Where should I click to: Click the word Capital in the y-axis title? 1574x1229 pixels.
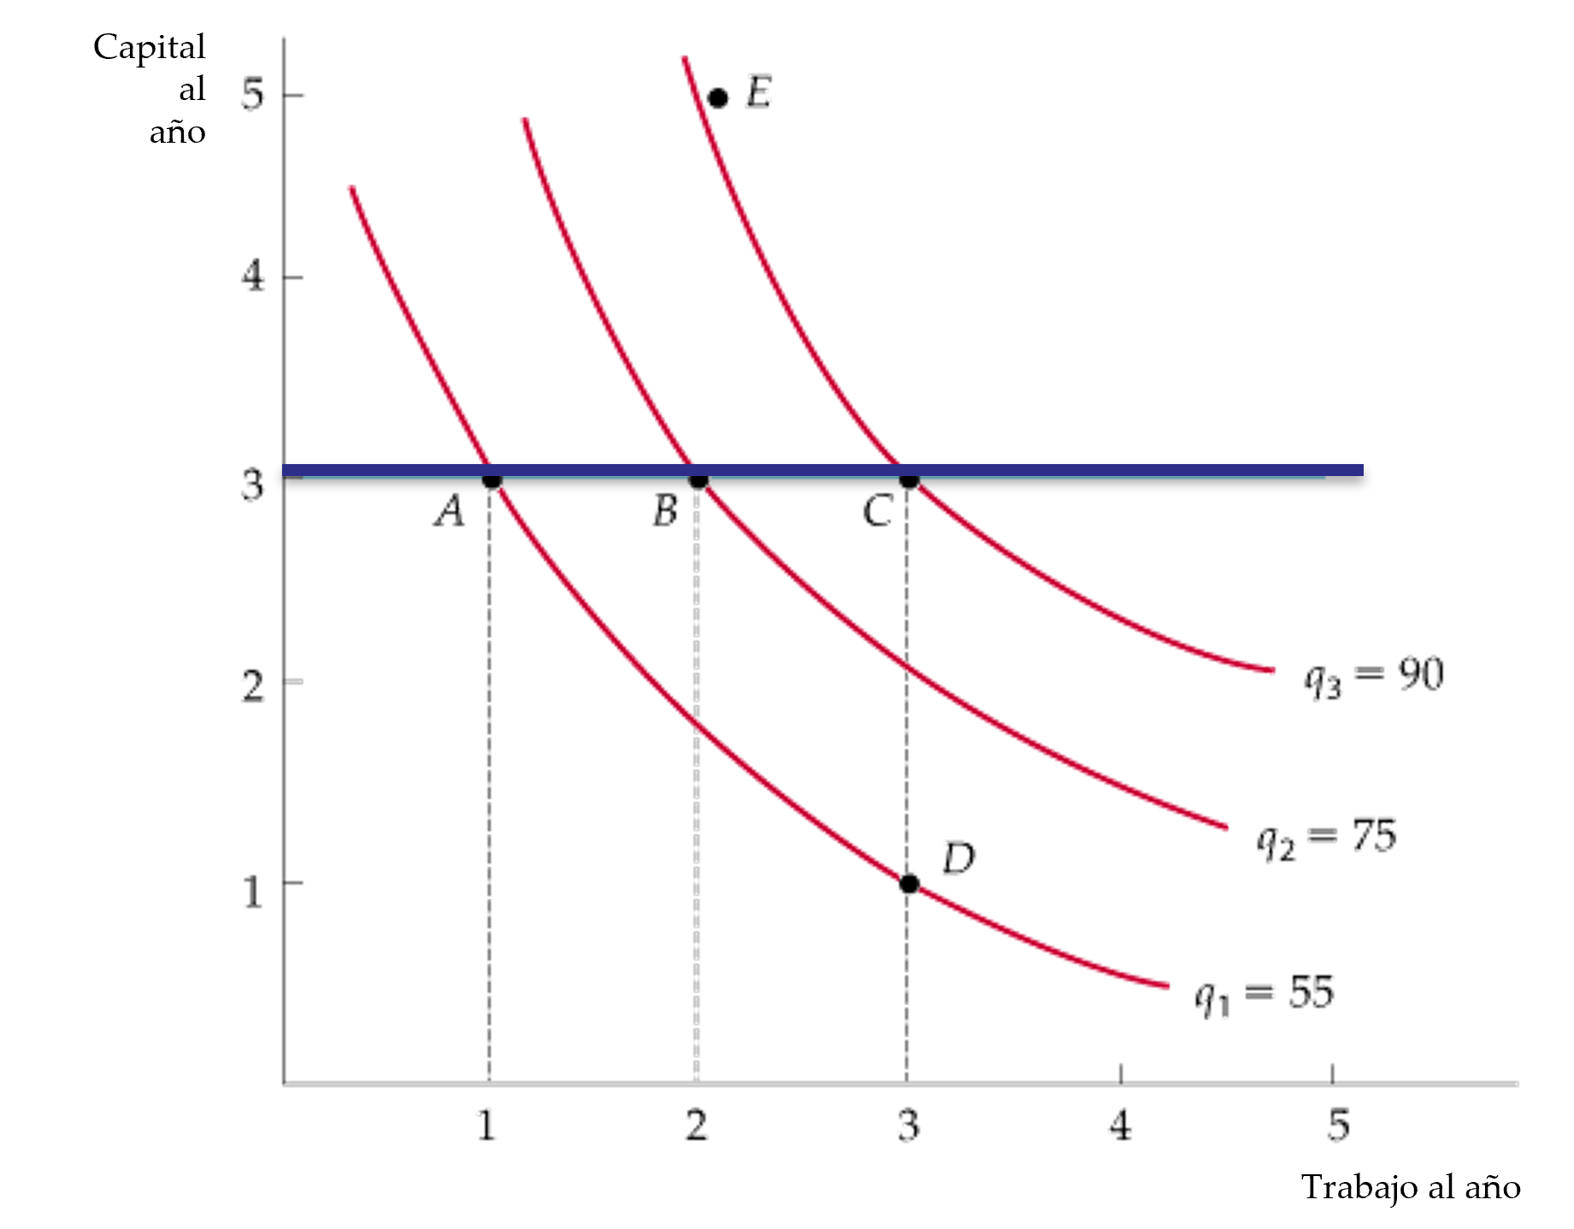[150, 47]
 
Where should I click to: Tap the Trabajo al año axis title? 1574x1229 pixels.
[1411, 1187]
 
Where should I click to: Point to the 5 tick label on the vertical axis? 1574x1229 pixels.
[254, 94]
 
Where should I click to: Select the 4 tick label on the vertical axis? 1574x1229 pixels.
[253, 277]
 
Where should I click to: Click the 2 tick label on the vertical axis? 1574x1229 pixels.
[253, 685]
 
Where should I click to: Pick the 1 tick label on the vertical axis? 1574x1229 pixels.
[252, 891]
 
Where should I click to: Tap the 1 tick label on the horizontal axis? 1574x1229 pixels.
[487, 1124]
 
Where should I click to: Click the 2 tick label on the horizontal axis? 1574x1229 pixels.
[696, 1124]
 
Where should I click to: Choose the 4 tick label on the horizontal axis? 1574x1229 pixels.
[1119, 1124]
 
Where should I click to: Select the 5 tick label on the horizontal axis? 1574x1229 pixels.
[1339, 1124]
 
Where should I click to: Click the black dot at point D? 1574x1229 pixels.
[909, 884]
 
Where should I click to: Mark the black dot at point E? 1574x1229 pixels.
[718, 97]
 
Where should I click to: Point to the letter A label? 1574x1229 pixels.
[449, 512]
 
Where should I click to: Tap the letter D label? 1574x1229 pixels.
[958, 857]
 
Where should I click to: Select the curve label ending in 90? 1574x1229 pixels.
[1373, 677]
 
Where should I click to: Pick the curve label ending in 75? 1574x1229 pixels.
[1326, 838]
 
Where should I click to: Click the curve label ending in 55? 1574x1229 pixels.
[1265, 996]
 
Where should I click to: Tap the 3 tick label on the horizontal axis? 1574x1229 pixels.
[908, 1124]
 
